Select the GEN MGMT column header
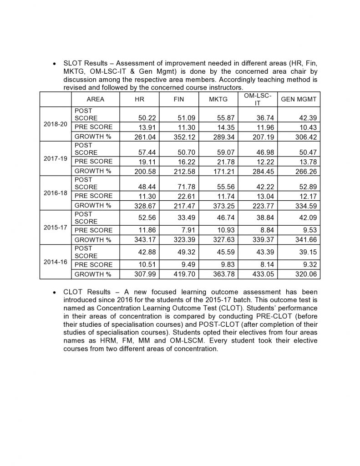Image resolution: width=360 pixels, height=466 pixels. coord(299,99)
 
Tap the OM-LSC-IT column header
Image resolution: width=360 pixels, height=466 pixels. coord(258,99)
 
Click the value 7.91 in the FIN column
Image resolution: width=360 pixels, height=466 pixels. coord(188,230)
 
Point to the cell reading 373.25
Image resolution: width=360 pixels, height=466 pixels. coord(224,206)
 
